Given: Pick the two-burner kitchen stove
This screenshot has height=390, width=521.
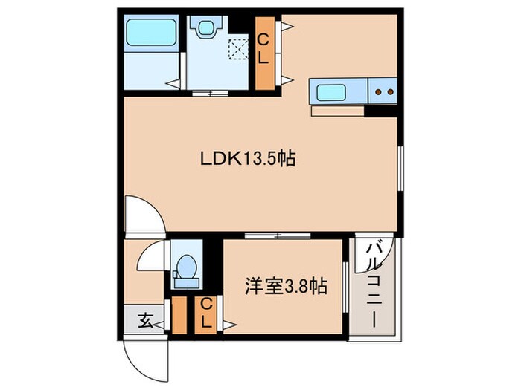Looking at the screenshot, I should pos(384,92).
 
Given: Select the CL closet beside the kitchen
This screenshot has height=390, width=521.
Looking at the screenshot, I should pos(265,51).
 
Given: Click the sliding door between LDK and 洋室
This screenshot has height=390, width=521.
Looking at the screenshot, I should pos(278,235).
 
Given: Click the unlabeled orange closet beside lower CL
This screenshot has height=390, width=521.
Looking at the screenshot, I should pos(179,315).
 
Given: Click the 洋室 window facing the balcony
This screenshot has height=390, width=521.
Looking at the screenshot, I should pos(346,285).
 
